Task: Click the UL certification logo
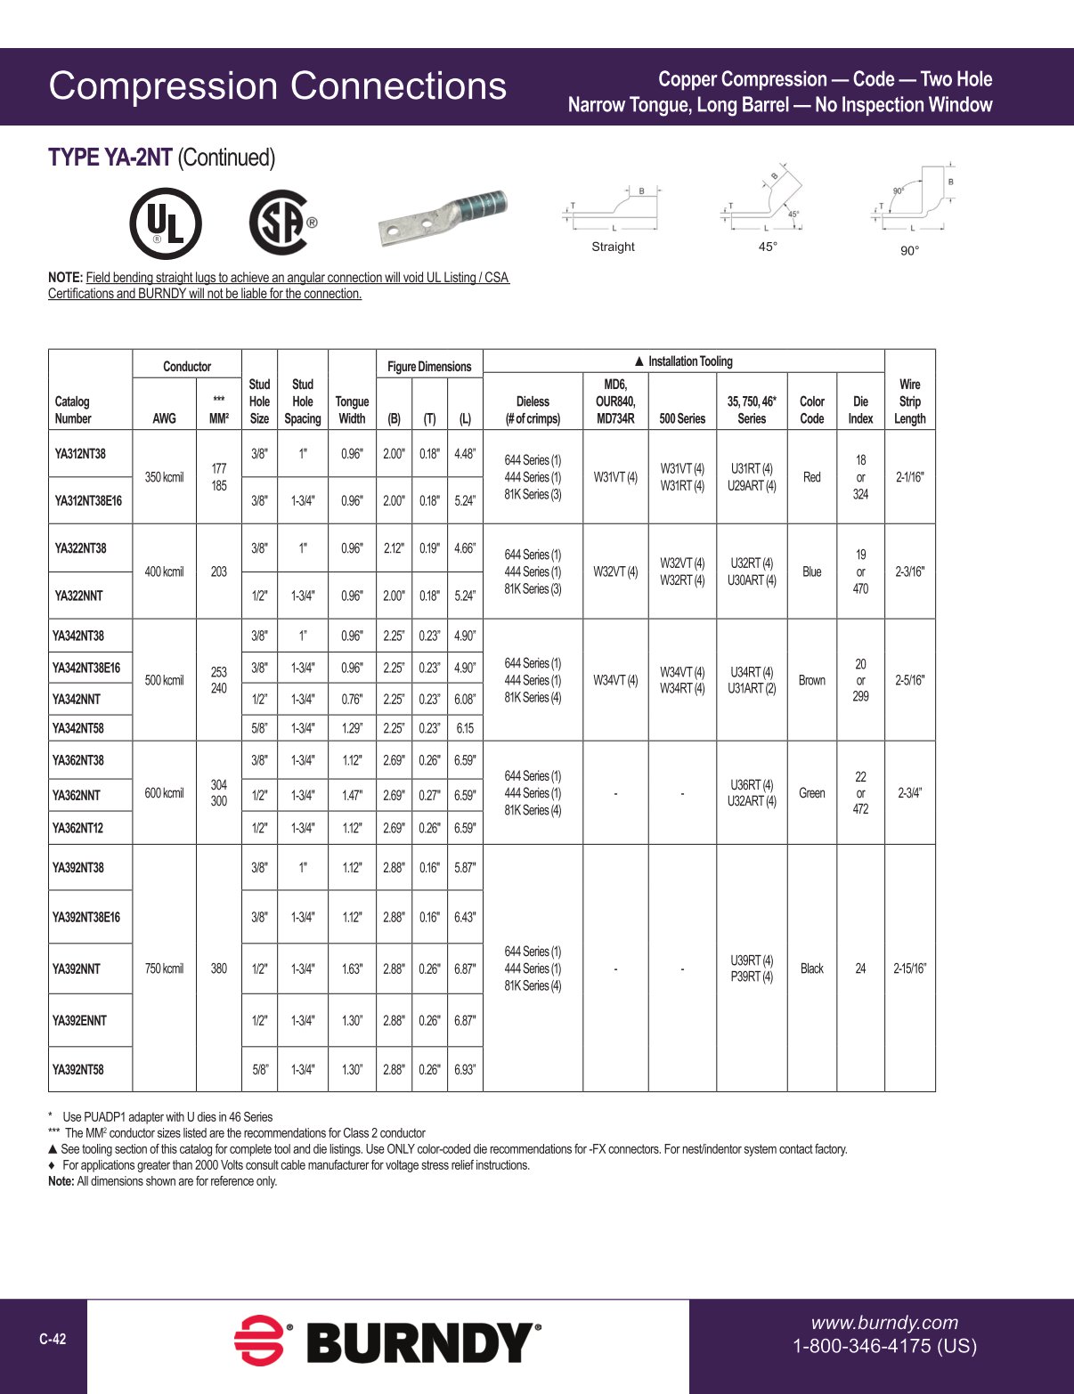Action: coord(166,223)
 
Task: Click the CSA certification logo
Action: coord(281,223)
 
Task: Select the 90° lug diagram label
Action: coord(909,251)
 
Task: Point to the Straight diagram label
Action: coord(613,247)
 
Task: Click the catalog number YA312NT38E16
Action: coord(88,500)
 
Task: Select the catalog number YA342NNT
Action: coord(77,700)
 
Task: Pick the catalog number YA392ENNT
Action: coord(79,1020)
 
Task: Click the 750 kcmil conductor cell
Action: coord(164,969)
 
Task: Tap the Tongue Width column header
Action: coord(352,409)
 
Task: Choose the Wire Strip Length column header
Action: coord(909,401)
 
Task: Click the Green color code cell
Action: coord(811,793)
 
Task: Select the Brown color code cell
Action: coord(811,680)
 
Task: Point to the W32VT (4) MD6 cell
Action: coord(615,571)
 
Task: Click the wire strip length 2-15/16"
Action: coord(909,969)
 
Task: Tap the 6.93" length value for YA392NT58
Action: coord(465,1069)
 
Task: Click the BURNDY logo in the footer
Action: coord(387,1341)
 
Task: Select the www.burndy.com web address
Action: coord(884,1323)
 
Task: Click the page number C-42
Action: coord(53,1339)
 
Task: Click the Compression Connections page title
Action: coord(277,86)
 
